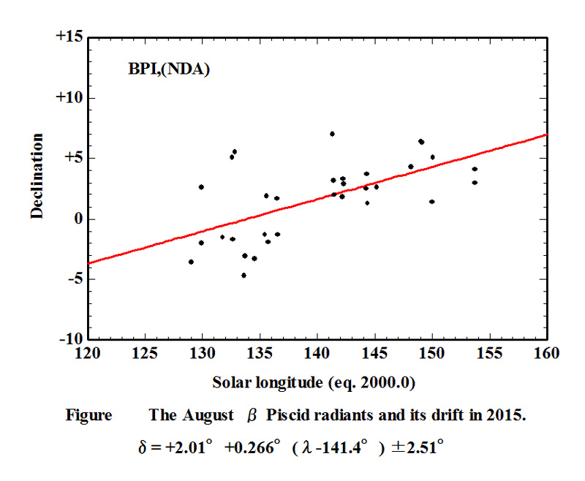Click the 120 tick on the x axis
tap(87, 354)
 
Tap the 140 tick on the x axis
tap(317, 354)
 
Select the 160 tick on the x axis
tap(546, 354)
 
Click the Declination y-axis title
tap(37, 175)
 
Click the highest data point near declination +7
tap(332, 134)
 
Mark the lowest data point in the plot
tap(244, 275)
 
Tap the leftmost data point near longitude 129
tap(191, 262)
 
